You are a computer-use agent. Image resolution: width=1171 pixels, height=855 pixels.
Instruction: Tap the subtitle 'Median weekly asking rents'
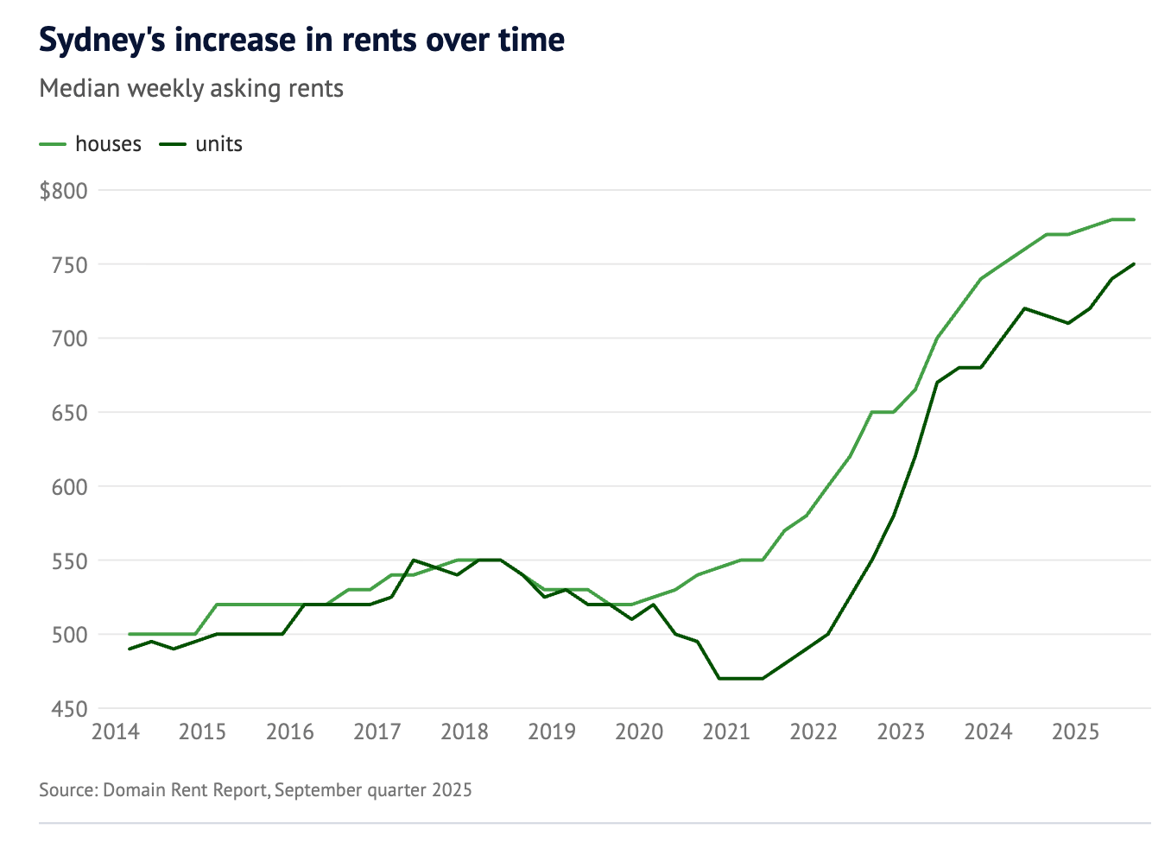click(x=192, y=89)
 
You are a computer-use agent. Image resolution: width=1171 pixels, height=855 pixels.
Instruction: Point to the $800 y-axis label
click(x=64, y=191)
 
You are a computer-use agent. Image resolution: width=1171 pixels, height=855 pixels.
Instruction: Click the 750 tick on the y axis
click(x=70, y=265)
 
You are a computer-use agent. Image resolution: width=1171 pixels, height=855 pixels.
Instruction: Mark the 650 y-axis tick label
click(x=70, y=413)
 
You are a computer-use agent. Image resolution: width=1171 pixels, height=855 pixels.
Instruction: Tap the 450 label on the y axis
click(x=70, y=709)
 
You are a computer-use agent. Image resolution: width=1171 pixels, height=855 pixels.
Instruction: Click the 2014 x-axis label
click(x=116, y=732)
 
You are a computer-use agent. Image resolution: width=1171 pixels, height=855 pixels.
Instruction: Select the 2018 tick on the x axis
click(x=465, y=732)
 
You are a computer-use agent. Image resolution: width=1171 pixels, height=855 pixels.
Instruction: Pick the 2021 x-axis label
click(x=726, y=732)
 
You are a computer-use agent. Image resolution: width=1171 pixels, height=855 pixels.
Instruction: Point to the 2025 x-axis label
click(x=1075, y=732)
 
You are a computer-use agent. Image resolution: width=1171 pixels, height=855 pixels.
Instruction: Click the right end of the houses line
click(x=1133, y=219)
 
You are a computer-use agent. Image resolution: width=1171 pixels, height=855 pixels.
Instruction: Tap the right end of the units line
click(x=1133, y=264)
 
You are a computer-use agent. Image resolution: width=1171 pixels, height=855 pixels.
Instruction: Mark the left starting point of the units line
click(x=130, y=649)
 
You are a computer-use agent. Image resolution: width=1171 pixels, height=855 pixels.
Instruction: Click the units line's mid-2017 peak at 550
click(x=414, y=560)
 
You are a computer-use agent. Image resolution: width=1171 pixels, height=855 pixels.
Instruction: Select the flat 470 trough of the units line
click(x=741, y=679)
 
